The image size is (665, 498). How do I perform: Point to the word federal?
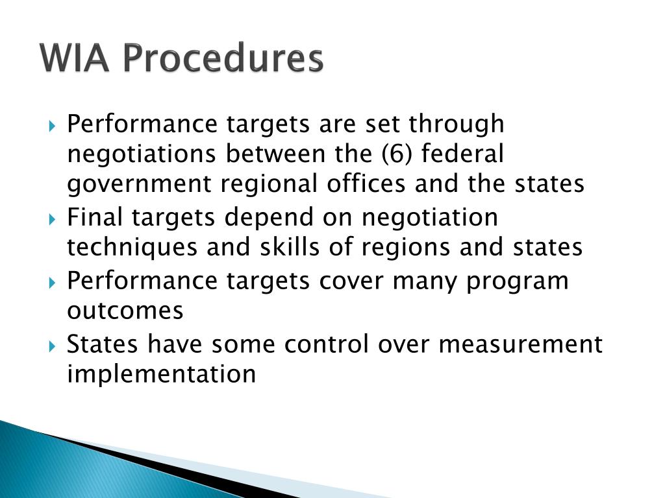[472, 154]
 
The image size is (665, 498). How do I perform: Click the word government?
[140, 185]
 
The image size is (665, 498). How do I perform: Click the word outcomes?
[125, 311]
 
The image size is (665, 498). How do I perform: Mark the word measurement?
[520, 344]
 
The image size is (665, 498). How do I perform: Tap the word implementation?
[161, 374]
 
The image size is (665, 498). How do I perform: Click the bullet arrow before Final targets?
[53, 219]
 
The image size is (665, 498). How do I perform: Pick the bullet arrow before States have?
[53, 345]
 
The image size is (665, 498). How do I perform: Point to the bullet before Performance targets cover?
[53, 282]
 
